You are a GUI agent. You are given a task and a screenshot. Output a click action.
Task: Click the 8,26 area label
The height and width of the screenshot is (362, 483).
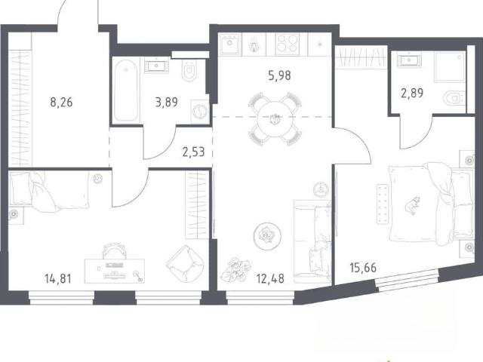coord(61,103)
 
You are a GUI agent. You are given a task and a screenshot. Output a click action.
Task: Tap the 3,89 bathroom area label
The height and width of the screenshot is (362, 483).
coord(166,103)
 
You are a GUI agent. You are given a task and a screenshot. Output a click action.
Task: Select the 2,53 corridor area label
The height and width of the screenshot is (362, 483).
coord(193,152)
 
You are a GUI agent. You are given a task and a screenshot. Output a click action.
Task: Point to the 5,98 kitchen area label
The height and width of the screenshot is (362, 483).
coord(279,75)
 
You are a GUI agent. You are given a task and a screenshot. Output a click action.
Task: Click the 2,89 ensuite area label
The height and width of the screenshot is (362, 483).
coord(412,93)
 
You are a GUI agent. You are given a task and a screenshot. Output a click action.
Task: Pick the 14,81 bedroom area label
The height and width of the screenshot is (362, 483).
coord(58,279)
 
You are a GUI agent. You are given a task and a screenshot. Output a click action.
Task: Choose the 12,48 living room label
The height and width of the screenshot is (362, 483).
coord(270,279)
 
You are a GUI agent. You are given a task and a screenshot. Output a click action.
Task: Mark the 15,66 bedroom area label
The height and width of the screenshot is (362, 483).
coord(363,268)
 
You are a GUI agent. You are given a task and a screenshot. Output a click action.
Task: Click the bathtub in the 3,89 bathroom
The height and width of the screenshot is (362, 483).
coord(125,90)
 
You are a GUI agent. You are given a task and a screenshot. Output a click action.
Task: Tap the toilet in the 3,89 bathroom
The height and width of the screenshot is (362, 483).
coord(189,70)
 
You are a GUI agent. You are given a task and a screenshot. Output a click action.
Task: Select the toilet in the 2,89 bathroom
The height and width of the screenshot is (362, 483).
coord(454,98)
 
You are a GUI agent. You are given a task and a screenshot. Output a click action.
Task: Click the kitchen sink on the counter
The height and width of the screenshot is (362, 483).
coord(229,44)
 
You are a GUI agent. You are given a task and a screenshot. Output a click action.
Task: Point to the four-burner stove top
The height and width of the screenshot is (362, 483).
coord(287,44)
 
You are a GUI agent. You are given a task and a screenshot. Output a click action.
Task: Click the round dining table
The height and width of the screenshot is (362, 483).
coord(275,118)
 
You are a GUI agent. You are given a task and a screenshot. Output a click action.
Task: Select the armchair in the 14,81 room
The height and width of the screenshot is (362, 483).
coord(185,263)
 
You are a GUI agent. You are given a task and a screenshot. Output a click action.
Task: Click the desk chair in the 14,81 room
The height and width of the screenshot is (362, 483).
coord(115,251)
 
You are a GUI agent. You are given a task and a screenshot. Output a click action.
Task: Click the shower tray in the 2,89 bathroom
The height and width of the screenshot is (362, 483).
coord(450,67)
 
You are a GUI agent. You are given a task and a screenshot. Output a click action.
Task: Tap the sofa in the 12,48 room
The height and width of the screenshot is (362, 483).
coord(312,241)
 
